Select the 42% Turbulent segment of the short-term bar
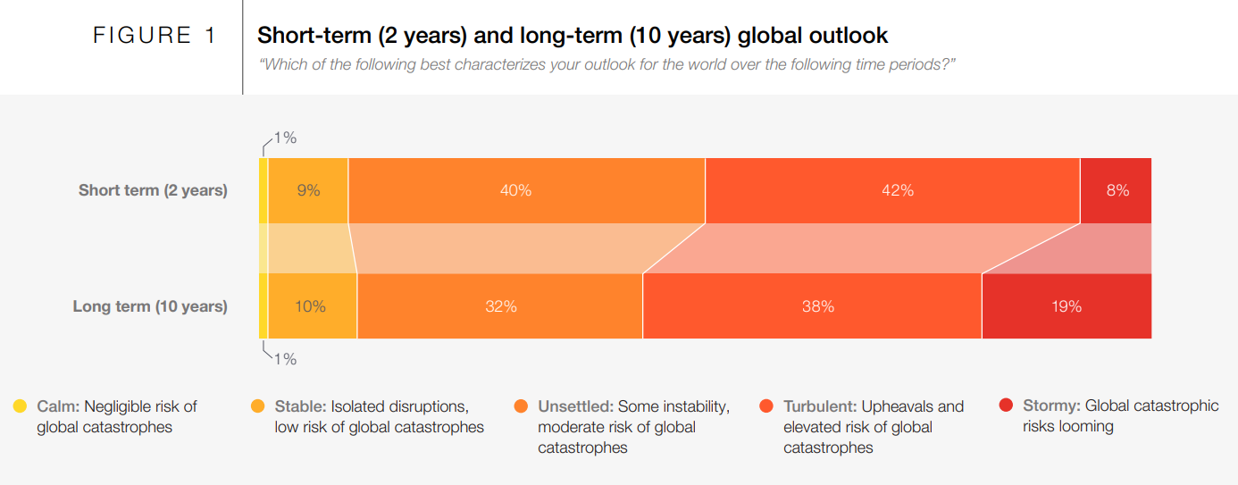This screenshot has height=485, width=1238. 892,190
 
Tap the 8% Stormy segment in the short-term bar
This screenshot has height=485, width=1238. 1116,190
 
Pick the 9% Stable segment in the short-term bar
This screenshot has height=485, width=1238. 307,190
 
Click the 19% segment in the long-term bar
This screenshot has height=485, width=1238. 1066,306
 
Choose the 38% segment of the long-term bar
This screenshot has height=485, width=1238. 812,306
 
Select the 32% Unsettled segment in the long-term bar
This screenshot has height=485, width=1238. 499,306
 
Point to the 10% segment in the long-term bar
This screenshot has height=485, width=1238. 311,306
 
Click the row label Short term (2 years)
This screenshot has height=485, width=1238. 153,190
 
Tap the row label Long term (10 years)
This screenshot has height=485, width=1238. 150,306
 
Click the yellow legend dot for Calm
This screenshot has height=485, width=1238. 20,406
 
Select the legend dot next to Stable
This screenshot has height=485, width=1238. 257,406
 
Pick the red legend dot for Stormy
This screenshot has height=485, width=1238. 1006,406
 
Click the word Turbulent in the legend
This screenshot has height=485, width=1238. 820,406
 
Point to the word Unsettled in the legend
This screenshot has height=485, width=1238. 574,406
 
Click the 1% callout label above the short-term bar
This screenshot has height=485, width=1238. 285,138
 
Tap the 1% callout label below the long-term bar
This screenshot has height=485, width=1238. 285,359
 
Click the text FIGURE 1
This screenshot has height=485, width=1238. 155,36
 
